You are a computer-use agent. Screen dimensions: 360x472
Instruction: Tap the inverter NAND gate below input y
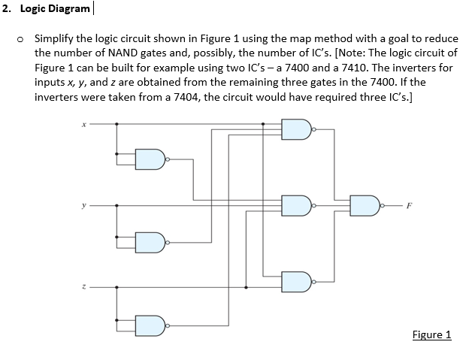[150, 242]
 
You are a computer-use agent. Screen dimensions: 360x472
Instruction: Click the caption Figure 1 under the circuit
[431, 334]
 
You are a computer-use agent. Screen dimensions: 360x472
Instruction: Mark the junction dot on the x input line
[116, 125]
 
